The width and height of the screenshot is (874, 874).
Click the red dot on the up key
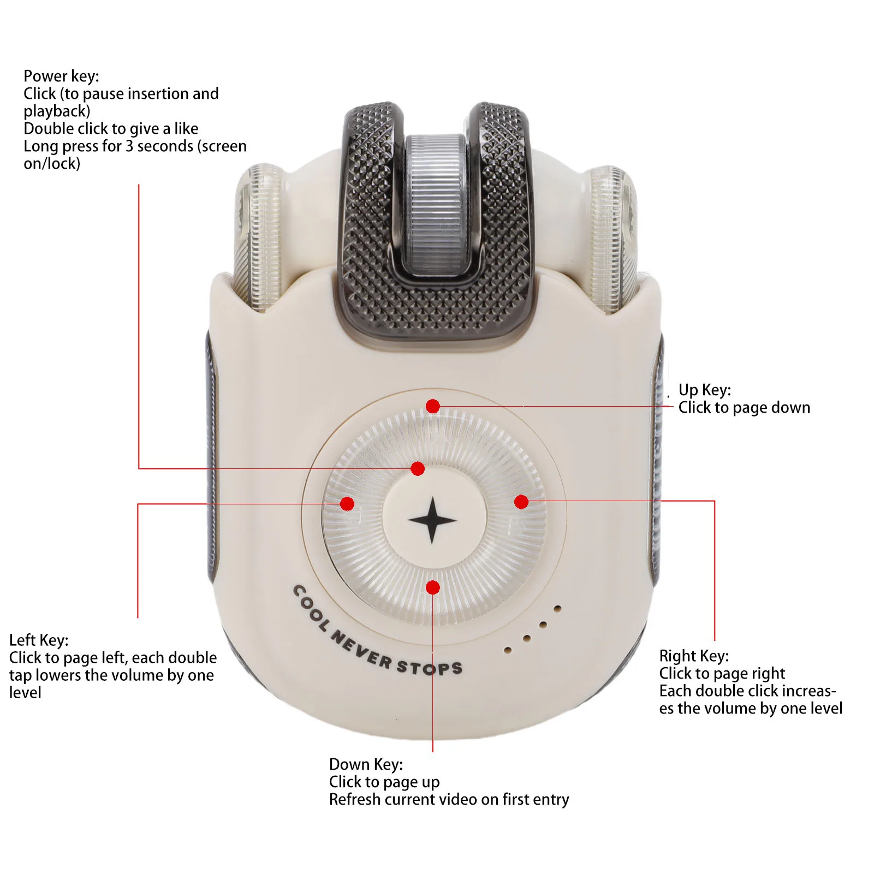433,406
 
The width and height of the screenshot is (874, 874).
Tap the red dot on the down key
433,587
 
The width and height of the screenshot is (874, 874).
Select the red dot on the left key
347,503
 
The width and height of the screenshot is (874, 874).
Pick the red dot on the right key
521,502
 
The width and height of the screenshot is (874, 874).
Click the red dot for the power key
418,468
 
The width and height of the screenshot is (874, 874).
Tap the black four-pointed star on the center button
432,520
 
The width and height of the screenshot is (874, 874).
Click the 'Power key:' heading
61,76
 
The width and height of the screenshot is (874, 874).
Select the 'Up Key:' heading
704,390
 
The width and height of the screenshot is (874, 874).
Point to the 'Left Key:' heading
39,640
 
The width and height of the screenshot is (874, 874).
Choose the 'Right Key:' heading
693,656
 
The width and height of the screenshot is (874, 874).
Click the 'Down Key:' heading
366,764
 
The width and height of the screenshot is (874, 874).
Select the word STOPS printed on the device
430,668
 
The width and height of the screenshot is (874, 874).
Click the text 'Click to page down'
744,408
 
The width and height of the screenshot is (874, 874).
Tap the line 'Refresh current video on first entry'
449,800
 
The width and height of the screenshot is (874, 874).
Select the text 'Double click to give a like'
111,129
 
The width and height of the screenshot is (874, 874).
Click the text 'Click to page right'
722,673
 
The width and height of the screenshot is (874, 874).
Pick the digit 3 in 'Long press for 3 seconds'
129,146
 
